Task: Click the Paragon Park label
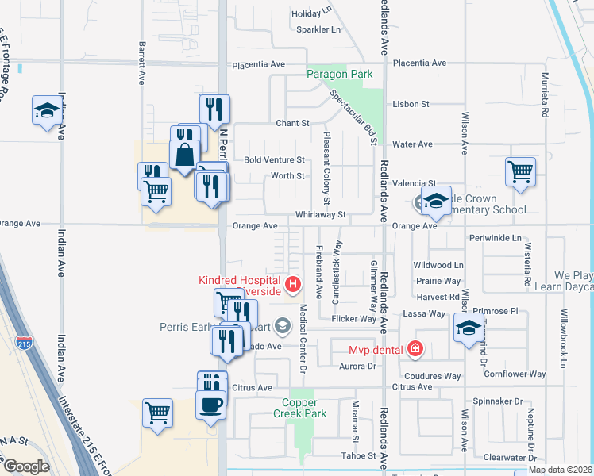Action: coord(340,75)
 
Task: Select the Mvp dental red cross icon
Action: coord(414,348)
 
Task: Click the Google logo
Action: coord(26,466)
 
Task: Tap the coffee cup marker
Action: coord(211,403)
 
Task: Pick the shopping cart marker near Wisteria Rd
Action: coord(520,171)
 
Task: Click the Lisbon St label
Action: coord(411,104)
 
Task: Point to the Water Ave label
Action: coord(413,144)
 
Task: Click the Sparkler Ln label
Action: coord(318,29)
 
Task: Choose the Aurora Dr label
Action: coord(357,367)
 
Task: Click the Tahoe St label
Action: coord(359,455)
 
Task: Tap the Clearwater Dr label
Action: coord(505,458)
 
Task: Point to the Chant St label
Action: coord(292,124)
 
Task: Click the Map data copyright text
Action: coord(561,470)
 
